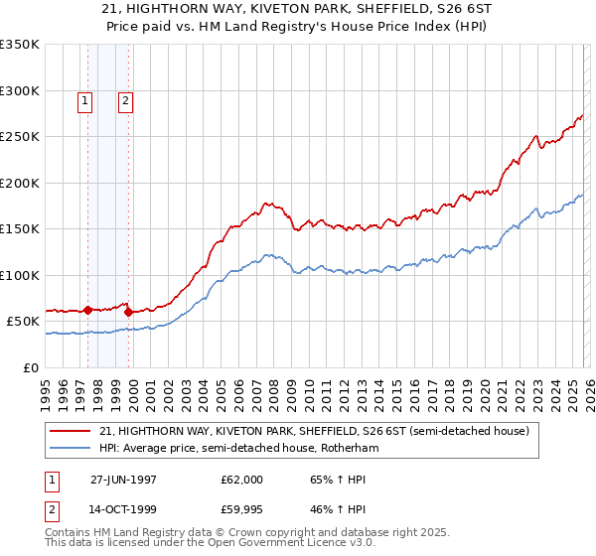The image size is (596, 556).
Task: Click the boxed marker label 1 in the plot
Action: [85, 99]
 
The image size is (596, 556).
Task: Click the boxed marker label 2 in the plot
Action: [126, 99]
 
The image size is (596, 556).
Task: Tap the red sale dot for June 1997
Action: [87, 310]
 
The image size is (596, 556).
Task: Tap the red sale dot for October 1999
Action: [128, 312]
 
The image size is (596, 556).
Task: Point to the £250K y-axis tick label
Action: [20, 137]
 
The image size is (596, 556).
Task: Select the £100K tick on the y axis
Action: [20, 275]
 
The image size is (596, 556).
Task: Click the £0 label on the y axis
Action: [29, 367]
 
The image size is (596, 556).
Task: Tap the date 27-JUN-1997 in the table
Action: [124, 480]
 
